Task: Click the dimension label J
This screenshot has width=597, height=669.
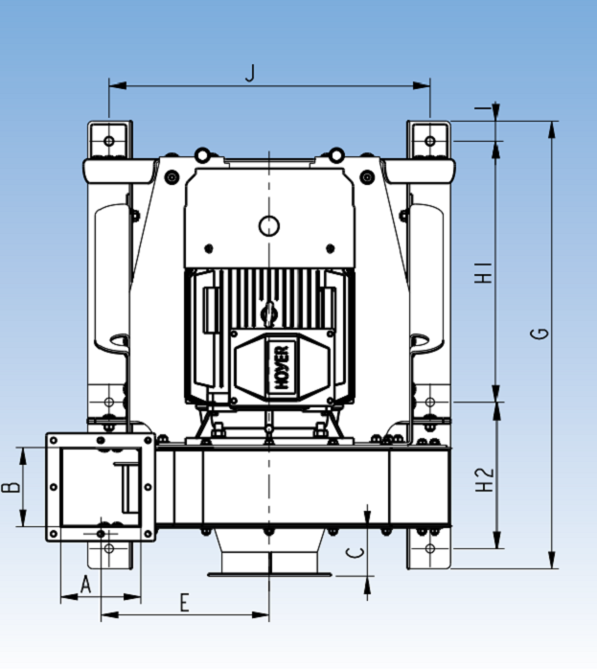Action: [250, 73]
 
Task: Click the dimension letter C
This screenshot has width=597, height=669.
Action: [354, 552]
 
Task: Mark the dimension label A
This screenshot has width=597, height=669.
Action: [84, 584]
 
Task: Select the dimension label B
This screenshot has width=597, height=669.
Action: [11, 487]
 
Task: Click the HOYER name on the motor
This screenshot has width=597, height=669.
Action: [283, 364]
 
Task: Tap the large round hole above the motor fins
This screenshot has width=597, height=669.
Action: [269, 226]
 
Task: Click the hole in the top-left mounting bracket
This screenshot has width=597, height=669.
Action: [109, 141]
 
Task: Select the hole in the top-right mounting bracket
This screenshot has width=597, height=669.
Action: [430, 141]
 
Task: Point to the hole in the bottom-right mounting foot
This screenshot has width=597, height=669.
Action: [430, 548]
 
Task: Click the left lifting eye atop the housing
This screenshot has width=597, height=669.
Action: [202, 155]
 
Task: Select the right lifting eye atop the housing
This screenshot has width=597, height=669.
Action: [336, 155]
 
